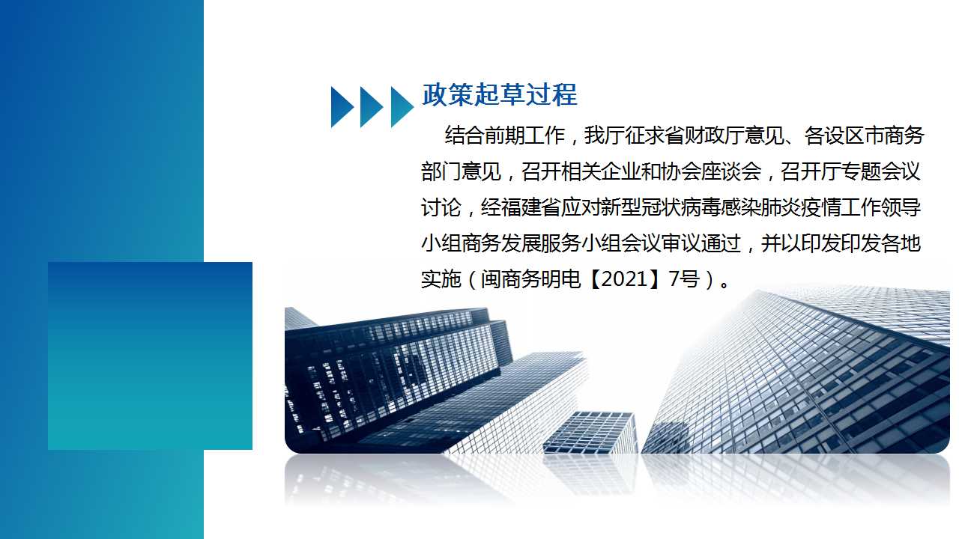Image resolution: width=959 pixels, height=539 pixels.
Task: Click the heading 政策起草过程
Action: (x=500, y=94)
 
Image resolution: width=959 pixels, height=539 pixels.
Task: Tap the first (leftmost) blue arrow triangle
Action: (x=342, y=107)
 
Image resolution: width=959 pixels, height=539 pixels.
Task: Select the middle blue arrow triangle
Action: (x=372, y=107)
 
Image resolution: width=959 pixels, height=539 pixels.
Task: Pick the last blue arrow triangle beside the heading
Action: (x=402, y=107)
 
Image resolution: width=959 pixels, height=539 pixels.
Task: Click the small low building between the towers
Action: (x=590, y=432)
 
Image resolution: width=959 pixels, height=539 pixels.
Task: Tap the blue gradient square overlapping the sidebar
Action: (x=151, y=356)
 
